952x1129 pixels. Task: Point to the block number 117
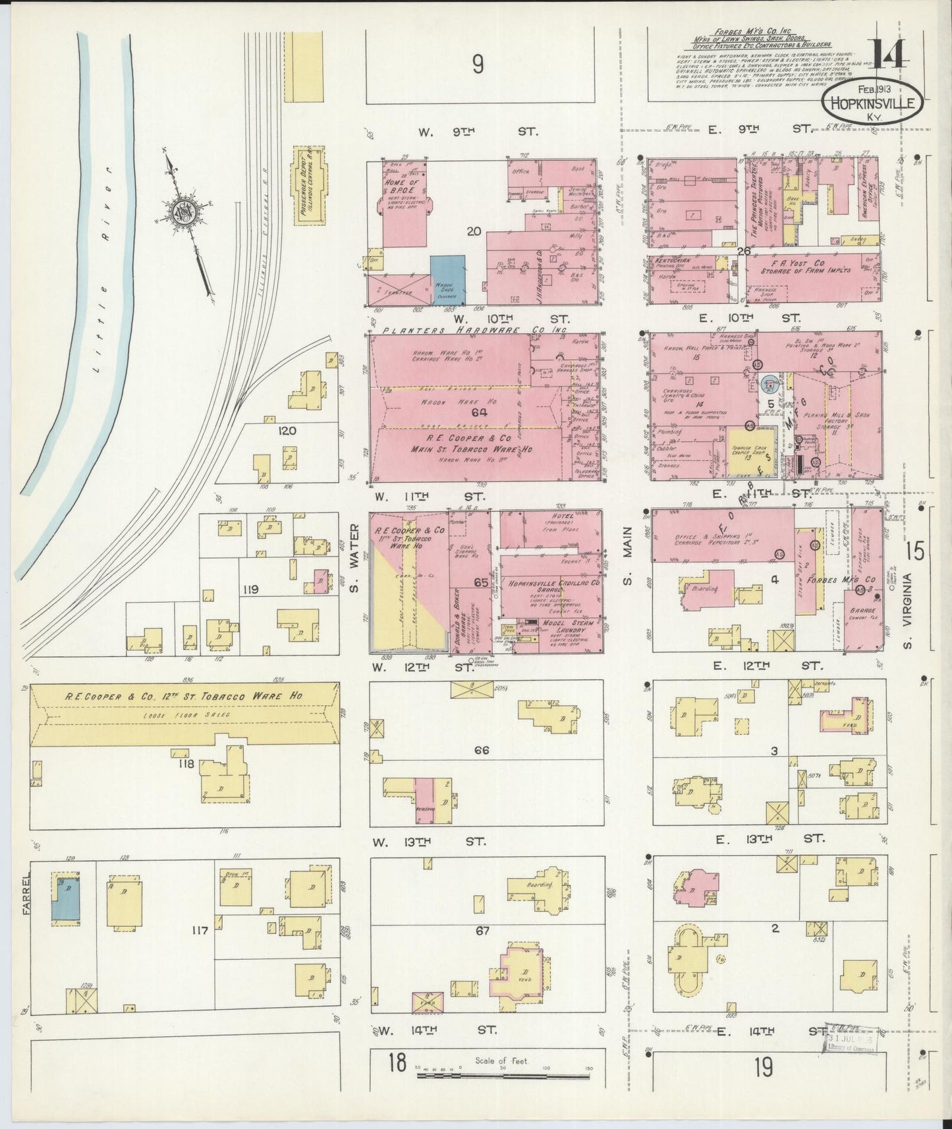point(200,930)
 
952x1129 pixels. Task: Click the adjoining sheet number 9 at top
point(478,64)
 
